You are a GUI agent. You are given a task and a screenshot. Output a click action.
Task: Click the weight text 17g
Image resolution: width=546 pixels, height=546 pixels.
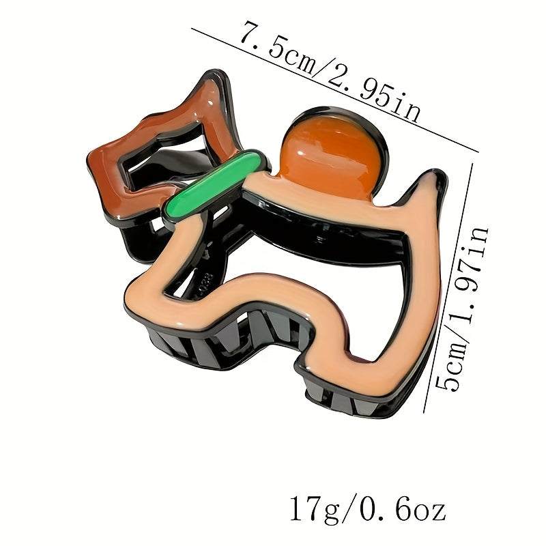point(315,510)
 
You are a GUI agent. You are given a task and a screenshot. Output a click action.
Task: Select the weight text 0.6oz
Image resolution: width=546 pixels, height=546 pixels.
point(403,509)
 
